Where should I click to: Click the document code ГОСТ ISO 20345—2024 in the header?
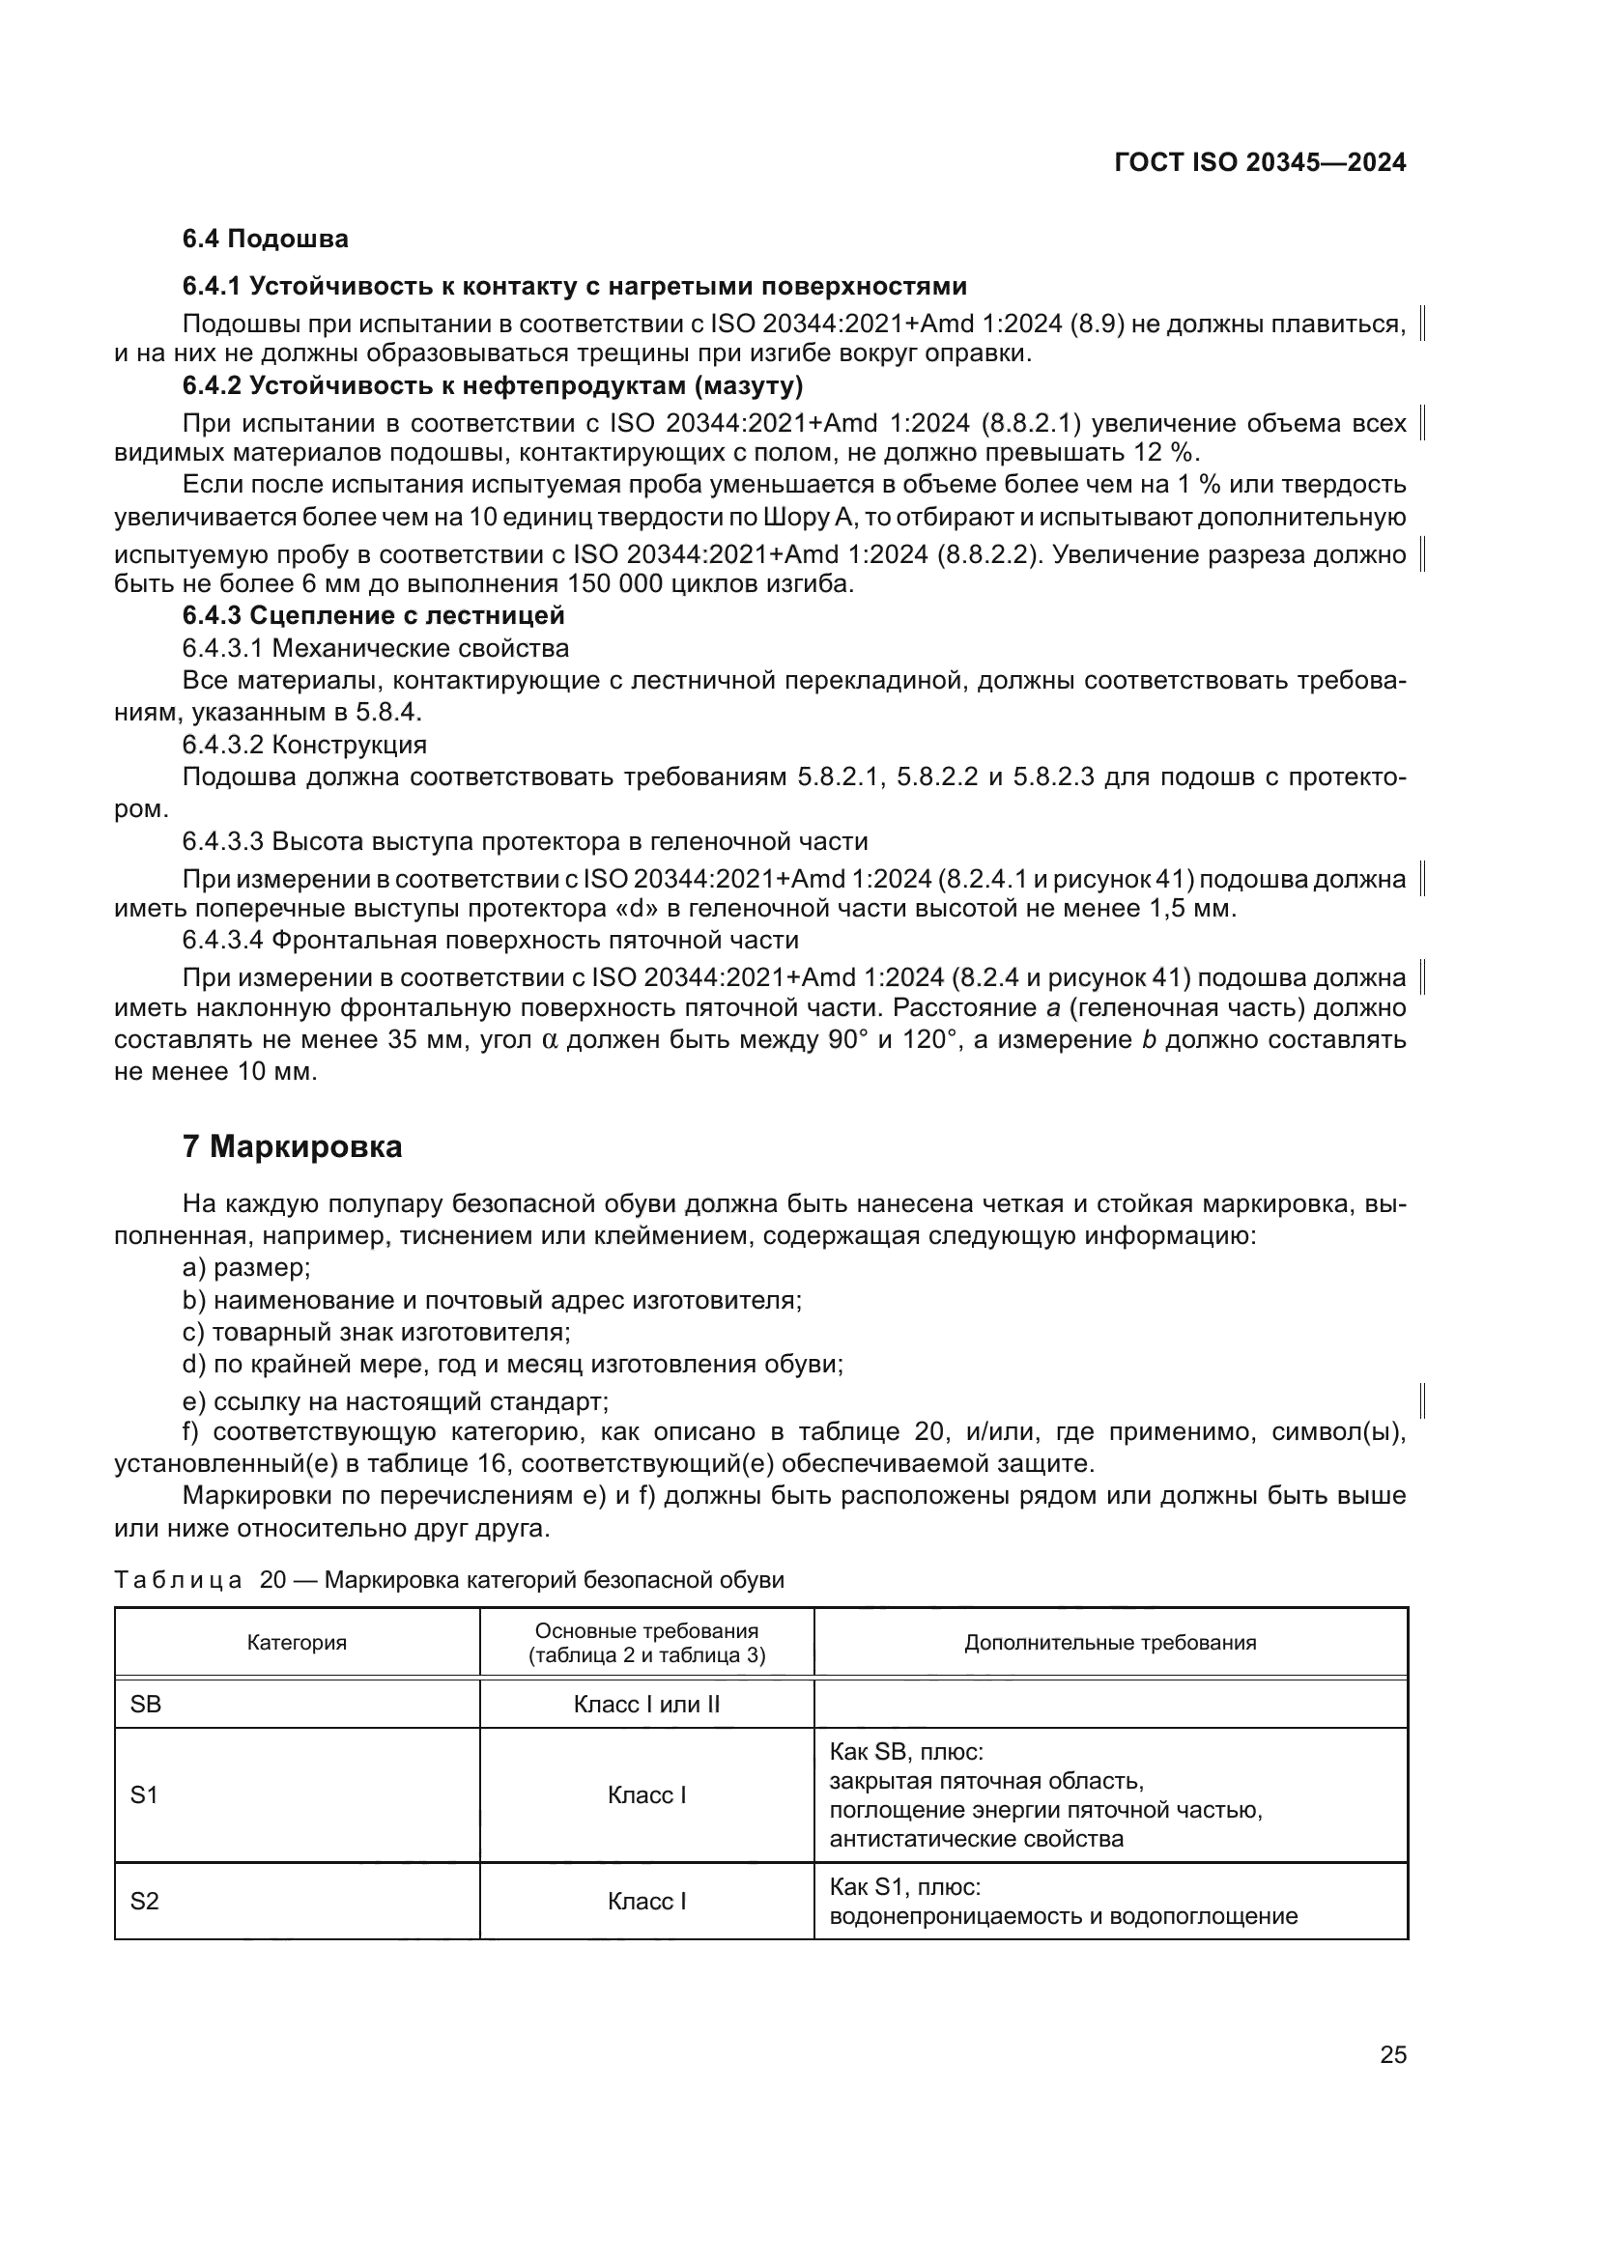coord(1260,162)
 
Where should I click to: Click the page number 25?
coord(1392,2054)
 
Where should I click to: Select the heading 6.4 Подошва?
coord(266,240)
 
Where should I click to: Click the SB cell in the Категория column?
coord(146,1704)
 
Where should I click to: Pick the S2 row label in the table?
coord(145,1901)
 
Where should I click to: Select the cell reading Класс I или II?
coord(646,1704)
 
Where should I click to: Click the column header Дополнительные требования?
coord(1110,1642)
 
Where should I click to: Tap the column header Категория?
coord(297,1642)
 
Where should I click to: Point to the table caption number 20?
coord(271,1580)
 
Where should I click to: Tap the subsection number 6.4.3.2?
coord(223,744)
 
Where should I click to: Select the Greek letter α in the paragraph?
coord(550,1041)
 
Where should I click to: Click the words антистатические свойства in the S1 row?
coord(976,1839)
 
